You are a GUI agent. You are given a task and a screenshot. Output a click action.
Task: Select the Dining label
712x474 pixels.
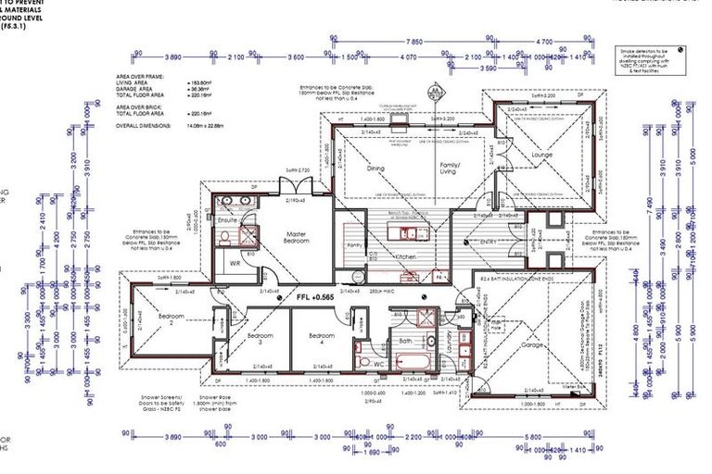(375, 168)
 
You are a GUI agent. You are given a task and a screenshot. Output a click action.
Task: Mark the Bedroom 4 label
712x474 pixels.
(321, 337)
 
